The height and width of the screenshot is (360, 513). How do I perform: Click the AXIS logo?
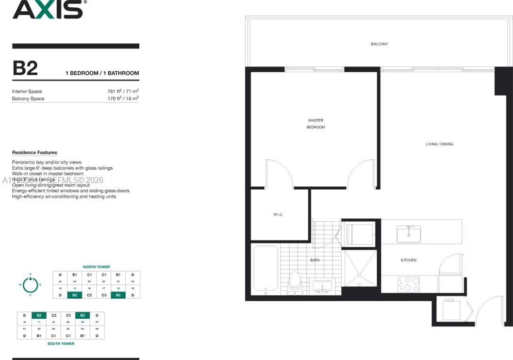[48, 10]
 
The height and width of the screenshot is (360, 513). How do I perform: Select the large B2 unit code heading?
[25, 68]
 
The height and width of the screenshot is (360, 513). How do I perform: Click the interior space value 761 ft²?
[123, 91]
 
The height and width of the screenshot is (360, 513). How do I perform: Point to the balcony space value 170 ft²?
[123, 98]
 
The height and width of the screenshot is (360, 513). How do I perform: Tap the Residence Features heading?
[34, 152]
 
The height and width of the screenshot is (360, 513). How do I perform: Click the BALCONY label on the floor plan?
[379, 44]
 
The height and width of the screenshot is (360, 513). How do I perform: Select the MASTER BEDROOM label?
[315, 124]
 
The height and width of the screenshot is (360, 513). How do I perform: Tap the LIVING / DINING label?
[439, 144]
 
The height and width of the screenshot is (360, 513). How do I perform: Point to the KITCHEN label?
[408, 261]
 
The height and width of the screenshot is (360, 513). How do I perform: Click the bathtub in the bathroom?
[265, 270]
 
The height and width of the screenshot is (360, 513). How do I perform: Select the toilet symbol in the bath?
[295, 282]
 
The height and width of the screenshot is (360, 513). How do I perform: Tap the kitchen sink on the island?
[409, 234]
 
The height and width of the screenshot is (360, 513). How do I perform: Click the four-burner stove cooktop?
[409, 284]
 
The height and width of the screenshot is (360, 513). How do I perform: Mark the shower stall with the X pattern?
[360, 268]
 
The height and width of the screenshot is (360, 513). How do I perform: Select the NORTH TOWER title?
[96, 267]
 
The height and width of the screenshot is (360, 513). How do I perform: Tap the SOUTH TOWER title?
[61, 344]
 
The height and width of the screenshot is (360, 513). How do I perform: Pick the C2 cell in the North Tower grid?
[89, 295]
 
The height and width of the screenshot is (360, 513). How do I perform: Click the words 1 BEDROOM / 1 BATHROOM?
[102, 73]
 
